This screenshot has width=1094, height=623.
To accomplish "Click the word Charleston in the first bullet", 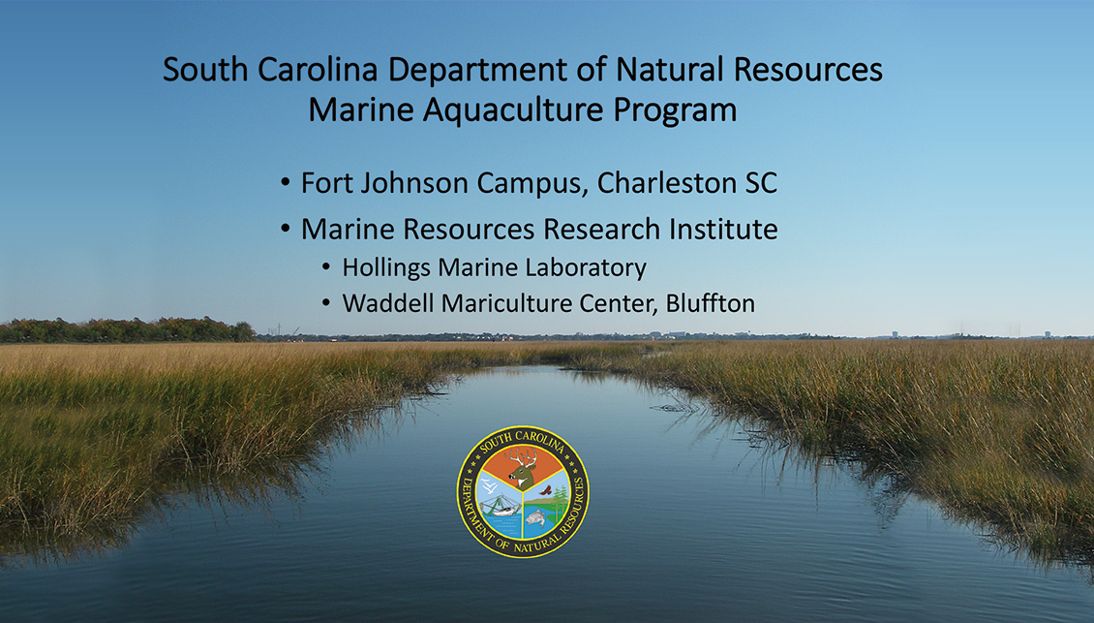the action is click(x=667, y=183).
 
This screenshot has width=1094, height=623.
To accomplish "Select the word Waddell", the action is click(x=387, y=303).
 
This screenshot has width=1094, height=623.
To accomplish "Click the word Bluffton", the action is click(x=711, y=303).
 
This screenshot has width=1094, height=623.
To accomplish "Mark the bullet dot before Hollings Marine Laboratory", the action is click(x=326, y=267).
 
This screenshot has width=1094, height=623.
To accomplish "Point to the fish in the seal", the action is click(x=535, y=517).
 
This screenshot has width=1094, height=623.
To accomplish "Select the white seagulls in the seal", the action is click(x=491, y=485).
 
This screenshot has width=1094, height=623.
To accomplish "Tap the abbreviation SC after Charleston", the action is click(x=761, y=183).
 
